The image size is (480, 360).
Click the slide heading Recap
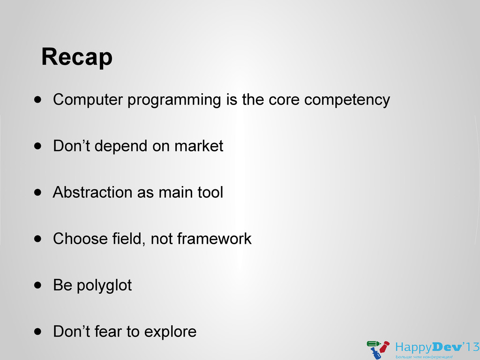pos(77,57)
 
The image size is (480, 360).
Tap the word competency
pos(347,100)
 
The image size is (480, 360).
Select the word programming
pos(174,100)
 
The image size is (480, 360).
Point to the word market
pos(199,146)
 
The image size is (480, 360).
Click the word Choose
pos(80,239)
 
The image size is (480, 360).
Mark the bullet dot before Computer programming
pos(37,100)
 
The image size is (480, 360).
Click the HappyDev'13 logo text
pos(437,348)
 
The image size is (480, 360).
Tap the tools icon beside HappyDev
pos(378,349)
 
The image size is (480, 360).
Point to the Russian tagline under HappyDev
pos(424,357)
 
